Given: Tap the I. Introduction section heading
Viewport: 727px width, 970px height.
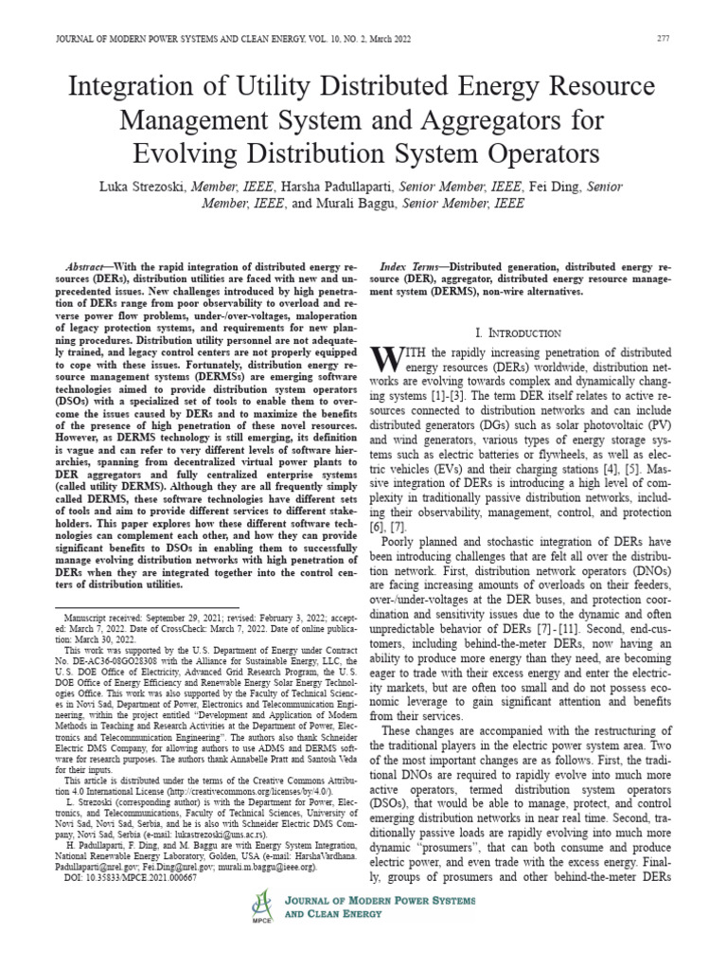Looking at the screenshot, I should point(517,332).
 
